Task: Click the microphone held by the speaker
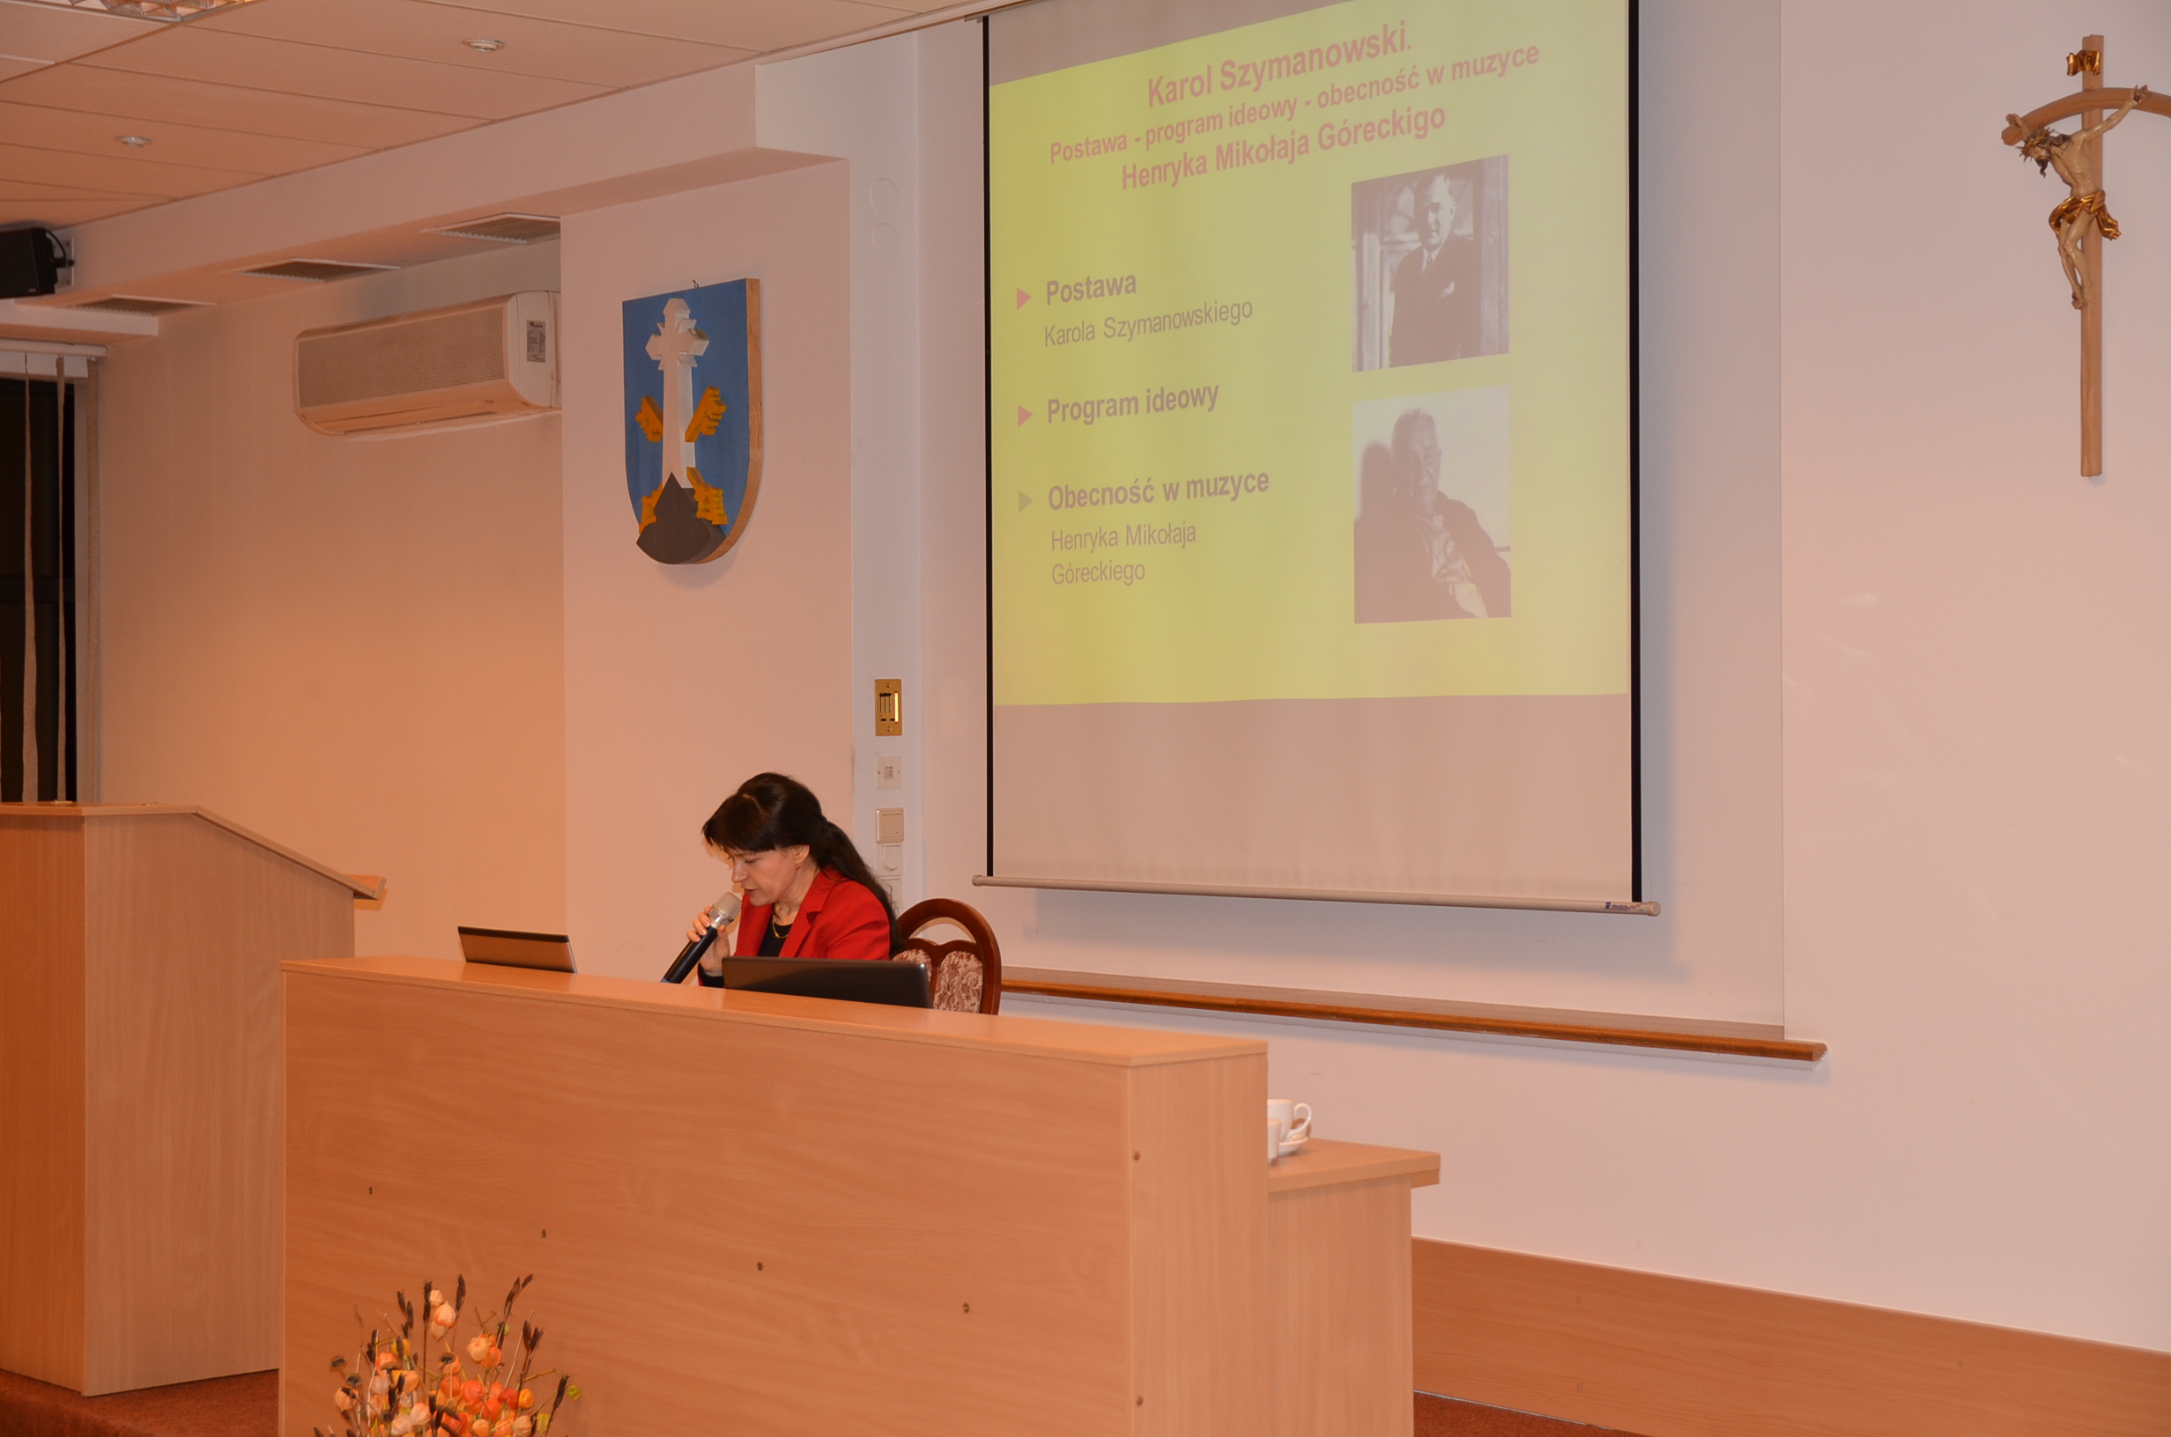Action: pos(702,937)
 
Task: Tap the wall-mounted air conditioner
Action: pos(427,362)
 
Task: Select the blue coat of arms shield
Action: pos(693,420)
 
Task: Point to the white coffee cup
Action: pos(1287,1124)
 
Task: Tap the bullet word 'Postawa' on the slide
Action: pos(1091,290)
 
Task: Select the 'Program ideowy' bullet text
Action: pos(1132,404)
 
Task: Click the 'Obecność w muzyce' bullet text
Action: pos(1158,490)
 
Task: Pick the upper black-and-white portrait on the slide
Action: pos(1429,263)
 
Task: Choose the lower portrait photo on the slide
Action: pos(1431,505)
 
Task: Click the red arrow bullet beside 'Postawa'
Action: pos(1023,298)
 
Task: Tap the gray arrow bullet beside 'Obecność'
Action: pos(1025,501)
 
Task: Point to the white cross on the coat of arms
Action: pos(678,394)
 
